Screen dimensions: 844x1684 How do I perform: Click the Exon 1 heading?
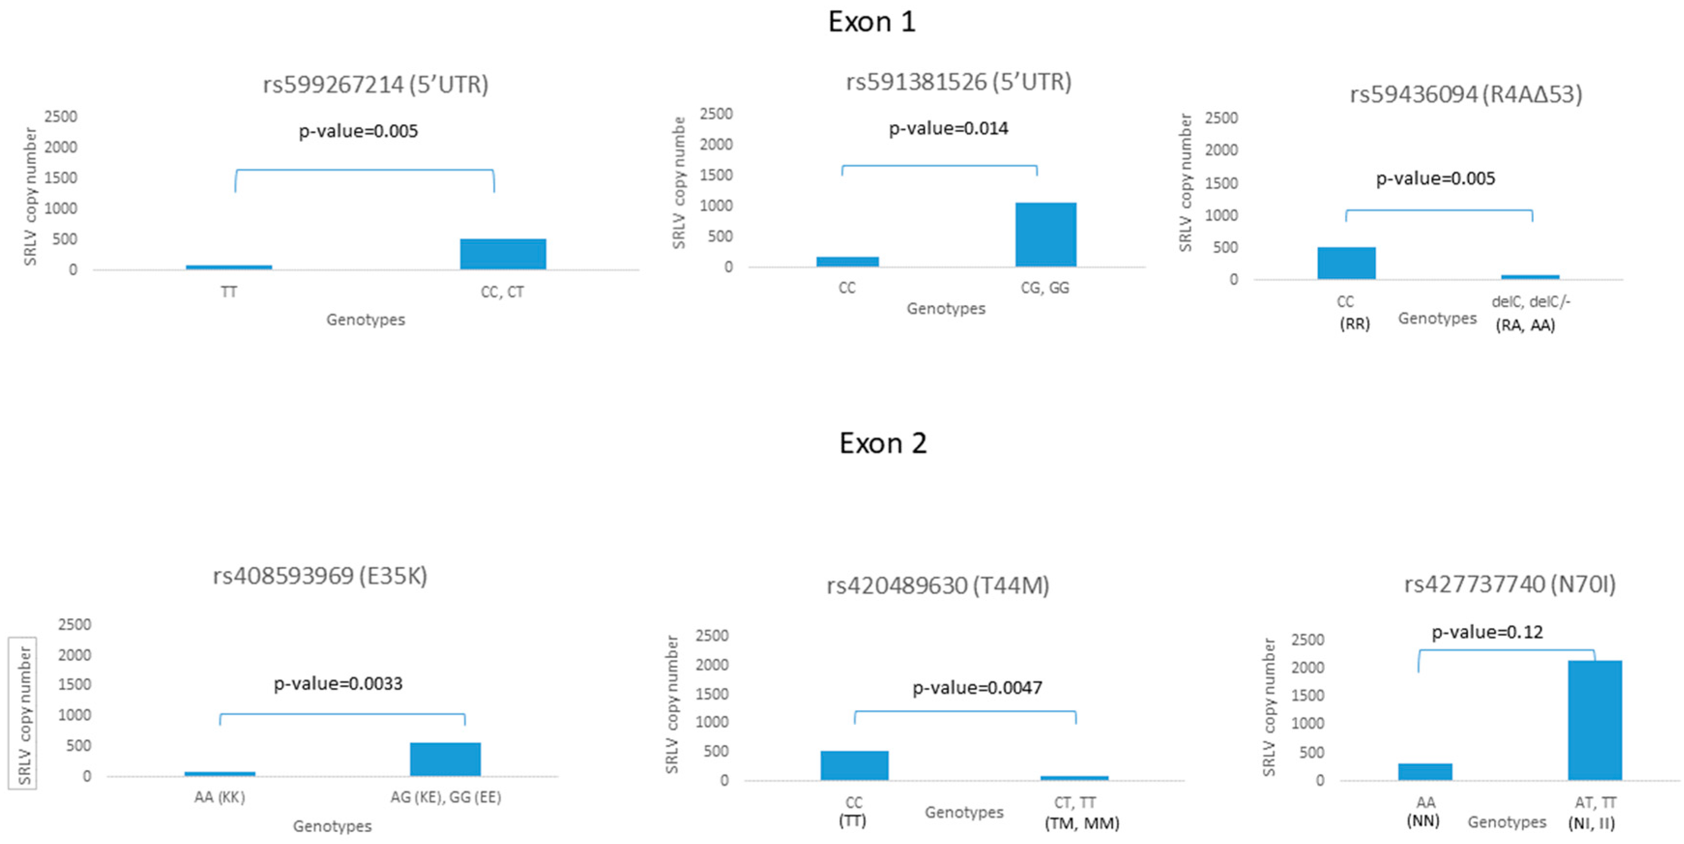click(871, 22)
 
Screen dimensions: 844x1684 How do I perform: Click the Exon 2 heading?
click(883, 443)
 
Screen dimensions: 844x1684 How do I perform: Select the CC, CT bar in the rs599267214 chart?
click(503, 254)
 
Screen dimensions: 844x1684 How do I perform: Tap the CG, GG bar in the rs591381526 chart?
click(1045, 235)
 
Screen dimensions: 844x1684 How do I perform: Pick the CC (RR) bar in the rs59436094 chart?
click(1346, 263)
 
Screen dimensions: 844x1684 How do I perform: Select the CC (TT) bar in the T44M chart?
click(855, 766)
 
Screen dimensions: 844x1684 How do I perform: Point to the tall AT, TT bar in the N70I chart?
click(1595, 720)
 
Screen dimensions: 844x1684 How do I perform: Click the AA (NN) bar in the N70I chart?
click(1425, 771)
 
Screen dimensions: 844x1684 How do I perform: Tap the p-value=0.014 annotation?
click(948, 128)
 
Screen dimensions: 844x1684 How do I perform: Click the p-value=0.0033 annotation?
click(338, 684)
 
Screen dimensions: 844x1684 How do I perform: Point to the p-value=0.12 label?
click(1487, 632)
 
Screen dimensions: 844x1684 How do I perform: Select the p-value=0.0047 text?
click(977, 688)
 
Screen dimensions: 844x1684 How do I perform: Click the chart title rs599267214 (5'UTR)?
click(375, 84)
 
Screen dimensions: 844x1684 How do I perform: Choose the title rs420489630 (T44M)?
click(937, 585)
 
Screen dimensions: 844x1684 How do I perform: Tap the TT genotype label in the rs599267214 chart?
click(229, 292)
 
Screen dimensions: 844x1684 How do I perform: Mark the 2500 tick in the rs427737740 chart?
click(1307, 640)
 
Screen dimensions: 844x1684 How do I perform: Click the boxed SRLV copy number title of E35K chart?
click(24, 713)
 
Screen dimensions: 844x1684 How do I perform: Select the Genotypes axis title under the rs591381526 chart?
click(945, 308)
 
